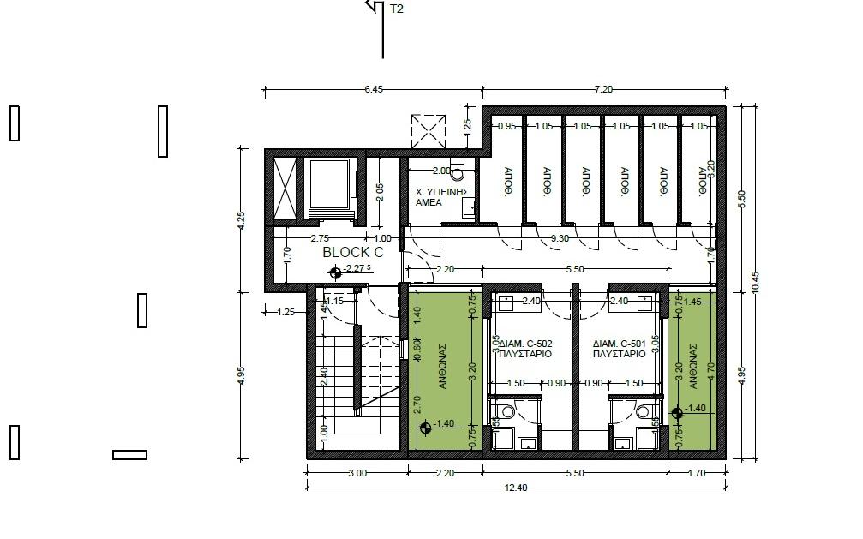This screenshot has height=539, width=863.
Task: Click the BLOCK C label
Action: pyautogui.click(x=352, y=253)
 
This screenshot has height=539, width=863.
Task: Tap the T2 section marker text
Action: pyautogui.click(x=397, y=9)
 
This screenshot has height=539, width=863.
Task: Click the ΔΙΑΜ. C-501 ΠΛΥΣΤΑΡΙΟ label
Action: pyautogui.click(x=618, y=349)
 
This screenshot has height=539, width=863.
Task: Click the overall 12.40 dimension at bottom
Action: pyautogui.click(x=516, y=488)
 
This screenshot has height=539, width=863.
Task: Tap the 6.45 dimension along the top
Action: pyautogui.click(x=373, y=89)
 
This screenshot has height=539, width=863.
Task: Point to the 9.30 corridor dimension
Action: pyautogui.click(x=560, y=238)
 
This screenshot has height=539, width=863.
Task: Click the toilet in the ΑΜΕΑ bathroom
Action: pyautogui.click(x=457, y=172)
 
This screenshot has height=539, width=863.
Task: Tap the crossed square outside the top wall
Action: pyautogui.click(x=429, y=131)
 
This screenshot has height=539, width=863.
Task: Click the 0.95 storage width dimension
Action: pyautogui.click(x=506, y=126)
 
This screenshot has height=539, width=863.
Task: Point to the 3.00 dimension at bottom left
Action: pyautogui.click(x=357, y=473)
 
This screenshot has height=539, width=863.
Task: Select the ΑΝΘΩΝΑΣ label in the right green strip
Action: pyautogui.click(x=692, y=366)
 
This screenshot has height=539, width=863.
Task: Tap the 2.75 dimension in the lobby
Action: pyautogui.click(x=320, y=238)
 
